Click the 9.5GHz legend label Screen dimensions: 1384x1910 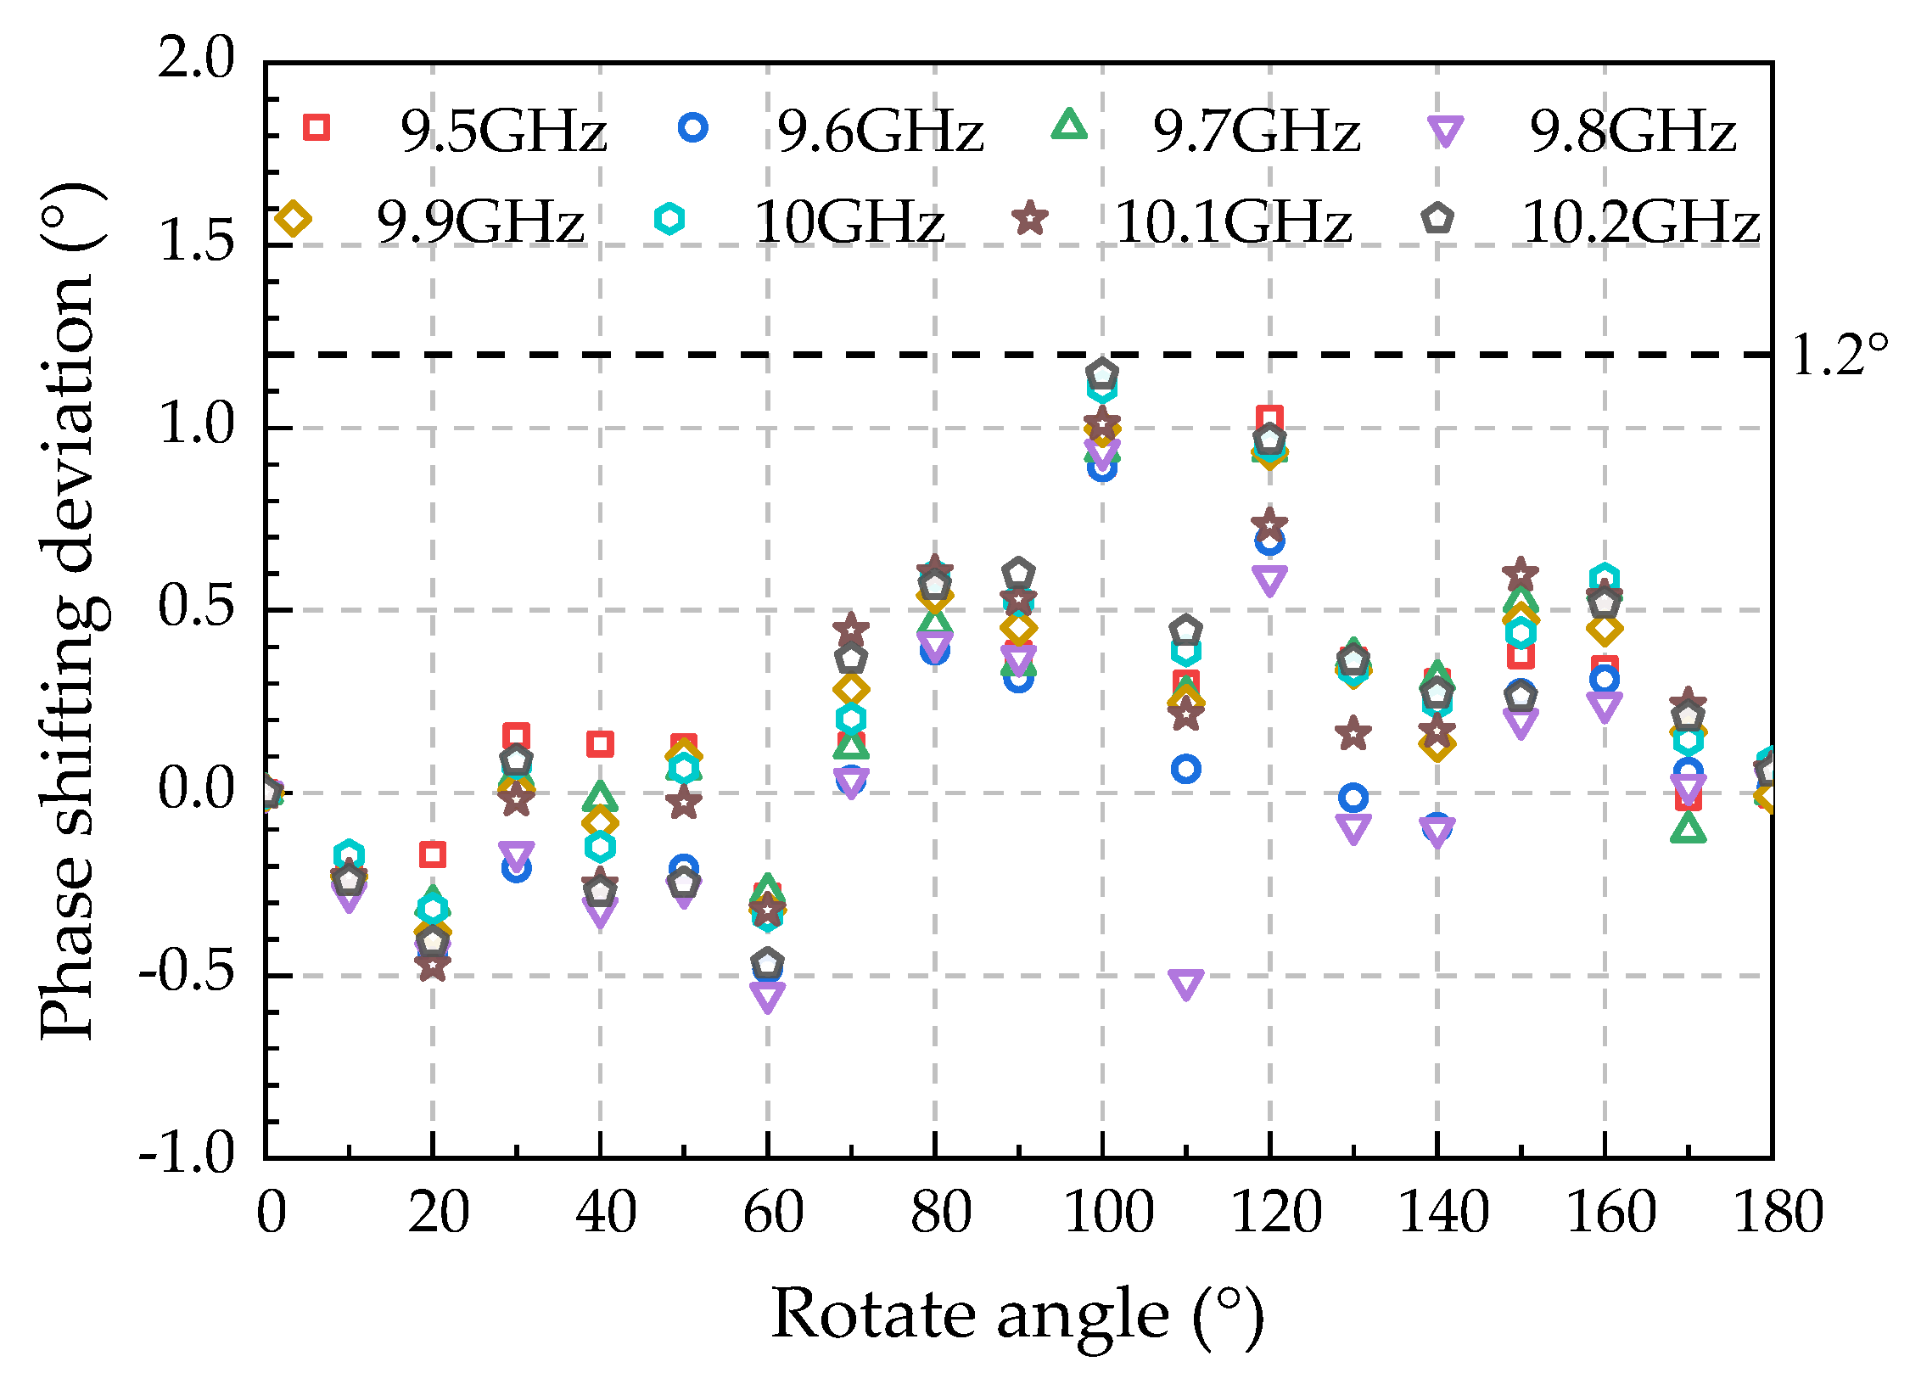503,132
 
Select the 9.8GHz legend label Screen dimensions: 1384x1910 1632,132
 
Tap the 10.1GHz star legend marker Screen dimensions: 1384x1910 1030,219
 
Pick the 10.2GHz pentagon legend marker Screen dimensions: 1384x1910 1437,219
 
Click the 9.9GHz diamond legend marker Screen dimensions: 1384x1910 294,219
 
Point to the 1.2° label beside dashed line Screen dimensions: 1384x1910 1840,356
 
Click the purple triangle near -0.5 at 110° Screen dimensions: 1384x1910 1185,983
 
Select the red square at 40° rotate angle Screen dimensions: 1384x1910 600,744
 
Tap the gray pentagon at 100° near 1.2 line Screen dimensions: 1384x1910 1101,373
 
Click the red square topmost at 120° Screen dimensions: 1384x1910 1269,418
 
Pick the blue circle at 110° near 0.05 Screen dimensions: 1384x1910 1185,770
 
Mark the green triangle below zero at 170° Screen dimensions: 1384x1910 1688,828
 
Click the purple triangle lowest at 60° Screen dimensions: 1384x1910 767,997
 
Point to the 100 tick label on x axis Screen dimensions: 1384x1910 1107,1213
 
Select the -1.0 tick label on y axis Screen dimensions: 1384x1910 187,1154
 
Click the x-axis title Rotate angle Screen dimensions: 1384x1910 1017,1315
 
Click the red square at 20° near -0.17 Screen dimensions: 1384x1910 433,854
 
